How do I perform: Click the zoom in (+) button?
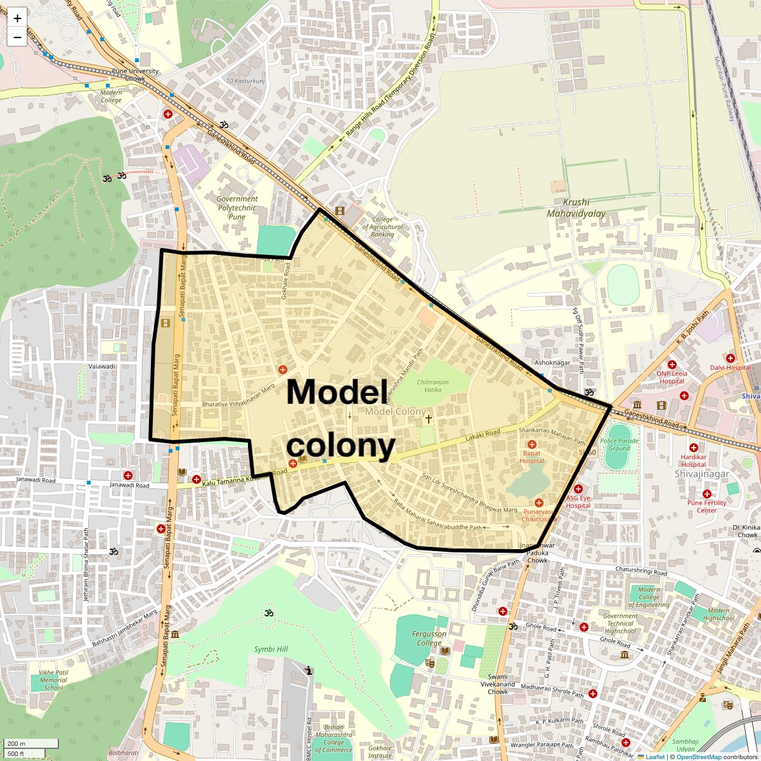coord(17,18)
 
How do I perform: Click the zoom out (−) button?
coord(17,37)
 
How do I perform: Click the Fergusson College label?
coord(429,638)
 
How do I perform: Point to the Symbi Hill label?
coord(271,649)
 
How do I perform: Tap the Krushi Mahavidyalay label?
coord(576,208)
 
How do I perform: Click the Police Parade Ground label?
coord(619,445)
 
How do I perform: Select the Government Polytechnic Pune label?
coord(237,207)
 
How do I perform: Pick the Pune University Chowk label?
coord(135,75)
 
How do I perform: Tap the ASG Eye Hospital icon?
coord(578,489)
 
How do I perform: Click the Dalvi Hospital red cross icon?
coord(730,358)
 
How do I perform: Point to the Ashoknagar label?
coord(552,363)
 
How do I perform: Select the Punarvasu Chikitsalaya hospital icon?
coord(538,503)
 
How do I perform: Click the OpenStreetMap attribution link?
coord(698,757)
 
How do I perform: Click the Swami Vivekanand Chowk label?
coord(497,688)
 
